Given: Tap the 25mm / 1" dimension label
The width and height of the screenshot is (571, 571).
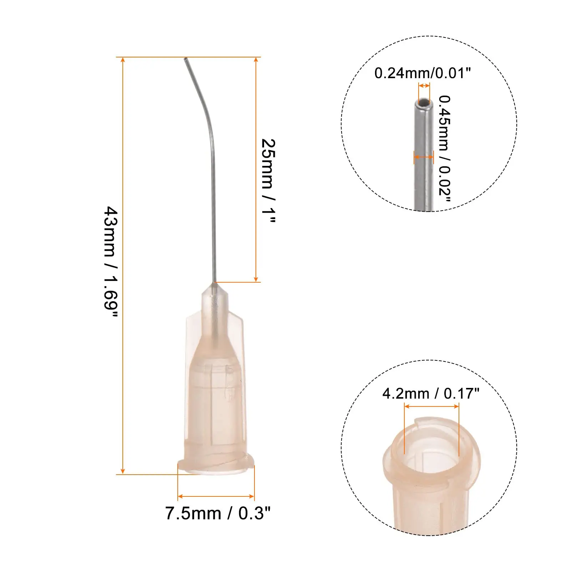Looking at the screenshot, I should (x=268, y=181).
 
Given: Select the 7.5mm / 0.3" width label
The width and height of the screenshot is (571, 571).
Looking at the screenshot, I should (x=218, y=514).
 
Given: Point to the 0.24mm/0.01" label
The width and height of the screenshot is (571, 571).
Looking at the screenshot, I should (x=423, y=73).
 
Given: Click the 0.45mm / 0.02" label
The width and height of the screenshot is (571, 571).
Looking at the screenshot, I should (x=445, y=148).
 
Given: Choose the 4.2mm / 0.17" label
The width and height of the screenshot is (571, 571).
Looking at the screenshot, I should (x=431, y=394).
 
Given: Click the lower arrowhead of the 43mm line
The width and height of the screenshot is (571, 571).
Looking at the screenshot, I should (x=123, y=471).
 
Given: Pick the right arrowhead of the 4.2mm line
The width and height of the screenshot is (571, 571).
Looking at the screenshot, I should (x=456, y=406).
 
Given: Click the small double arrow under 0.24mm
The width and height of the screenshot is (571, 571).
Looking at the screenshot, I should (x=424, y=86).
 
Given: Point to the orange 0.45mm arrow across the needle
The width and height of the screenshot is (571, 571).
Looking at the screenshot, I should (x=424, y=157).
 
